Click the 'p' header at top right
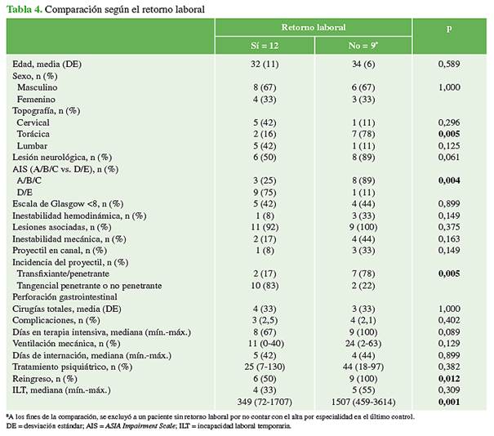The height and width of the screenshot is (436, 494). click(448, 27)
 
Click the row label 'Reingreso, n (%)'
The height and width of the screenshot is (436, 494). click(46, 380)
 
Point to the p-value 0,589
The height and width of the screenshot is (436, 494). click(448, 63)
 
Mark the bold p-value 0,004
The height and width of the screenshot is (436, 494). click(448, 180)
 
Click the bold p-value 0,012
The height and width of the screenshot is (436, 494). click(448, 380)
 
